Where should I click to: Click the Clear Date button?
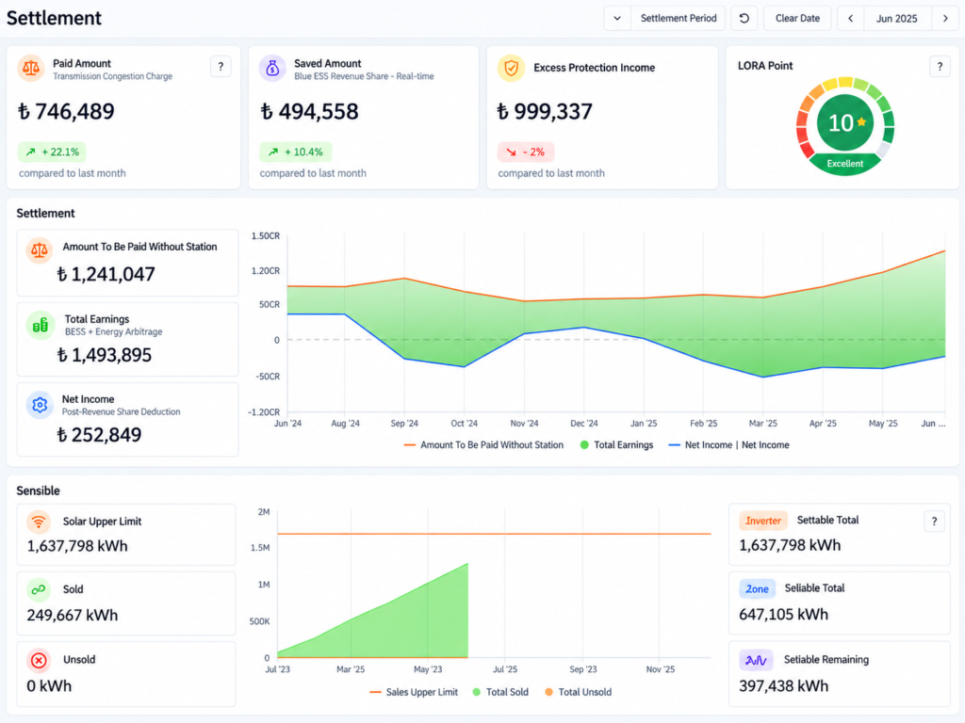797,19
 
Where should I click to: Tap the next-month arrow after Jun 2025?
945,19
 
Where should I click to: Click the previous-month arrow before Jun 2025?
851,19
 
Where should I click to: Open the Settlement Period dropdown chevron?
617,19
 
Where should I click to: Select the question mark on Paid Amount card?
221,67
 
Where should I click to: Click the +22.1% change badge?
52,152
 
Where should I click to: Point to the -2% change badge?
526,152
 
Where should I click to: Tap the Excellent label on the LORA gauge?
844,164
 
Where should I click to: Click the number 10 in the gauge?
840,123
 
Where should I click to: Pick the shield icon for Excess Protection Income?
511,68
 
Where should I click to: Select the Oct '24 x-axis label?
464,424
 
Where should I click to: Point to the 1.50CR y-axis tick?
265,236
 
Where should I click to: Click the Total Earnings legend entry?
616,445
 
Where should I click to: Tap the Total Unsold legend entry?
578,692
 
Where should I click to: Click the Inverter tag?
763,521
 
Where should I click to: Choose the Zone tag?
757,589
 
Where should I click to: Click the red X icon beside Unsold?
39,660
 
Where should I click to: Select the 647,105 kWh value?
783,614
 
